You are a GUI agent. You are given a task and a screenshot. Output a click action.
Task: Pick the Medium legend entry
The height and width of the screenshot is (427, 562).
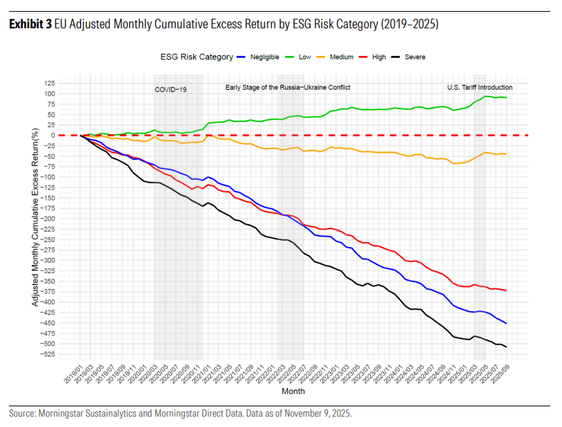pos(343,57)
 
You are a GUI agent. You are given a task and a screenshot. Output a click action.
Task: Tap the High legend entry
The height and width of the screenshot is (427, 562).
pos(378,57)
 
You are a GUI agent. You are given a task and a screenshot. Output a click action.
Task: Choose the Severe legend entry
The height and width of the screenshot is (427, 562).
pos(415,57)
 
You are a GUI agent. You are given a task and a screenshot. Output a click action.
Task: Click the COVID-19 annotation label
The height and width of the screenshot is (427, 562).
pos(171,90)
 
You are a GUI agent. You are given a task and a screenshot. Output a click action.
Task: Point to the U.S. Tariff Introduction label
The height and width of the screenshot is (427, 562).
pos(480,88)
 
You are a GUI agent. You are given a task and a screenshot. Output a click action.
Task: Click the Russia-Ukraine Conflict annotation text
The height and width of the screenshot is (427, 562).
pos(288,88)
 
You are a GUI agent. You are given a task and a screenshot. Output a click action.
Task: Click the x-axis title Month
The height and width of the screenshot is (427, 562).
pos(293,391)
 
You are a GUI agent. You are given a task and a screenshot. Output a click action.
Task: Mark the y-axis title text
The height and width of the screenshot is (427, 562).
pos(35,219)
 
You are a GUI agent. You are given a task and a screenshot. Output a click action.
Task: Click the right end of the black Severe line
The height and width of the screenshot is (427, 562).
pos(507,346)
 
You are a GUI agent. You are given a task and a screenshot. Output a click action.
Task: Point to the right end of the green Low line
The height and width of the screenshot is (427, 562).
pos(507,97)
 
